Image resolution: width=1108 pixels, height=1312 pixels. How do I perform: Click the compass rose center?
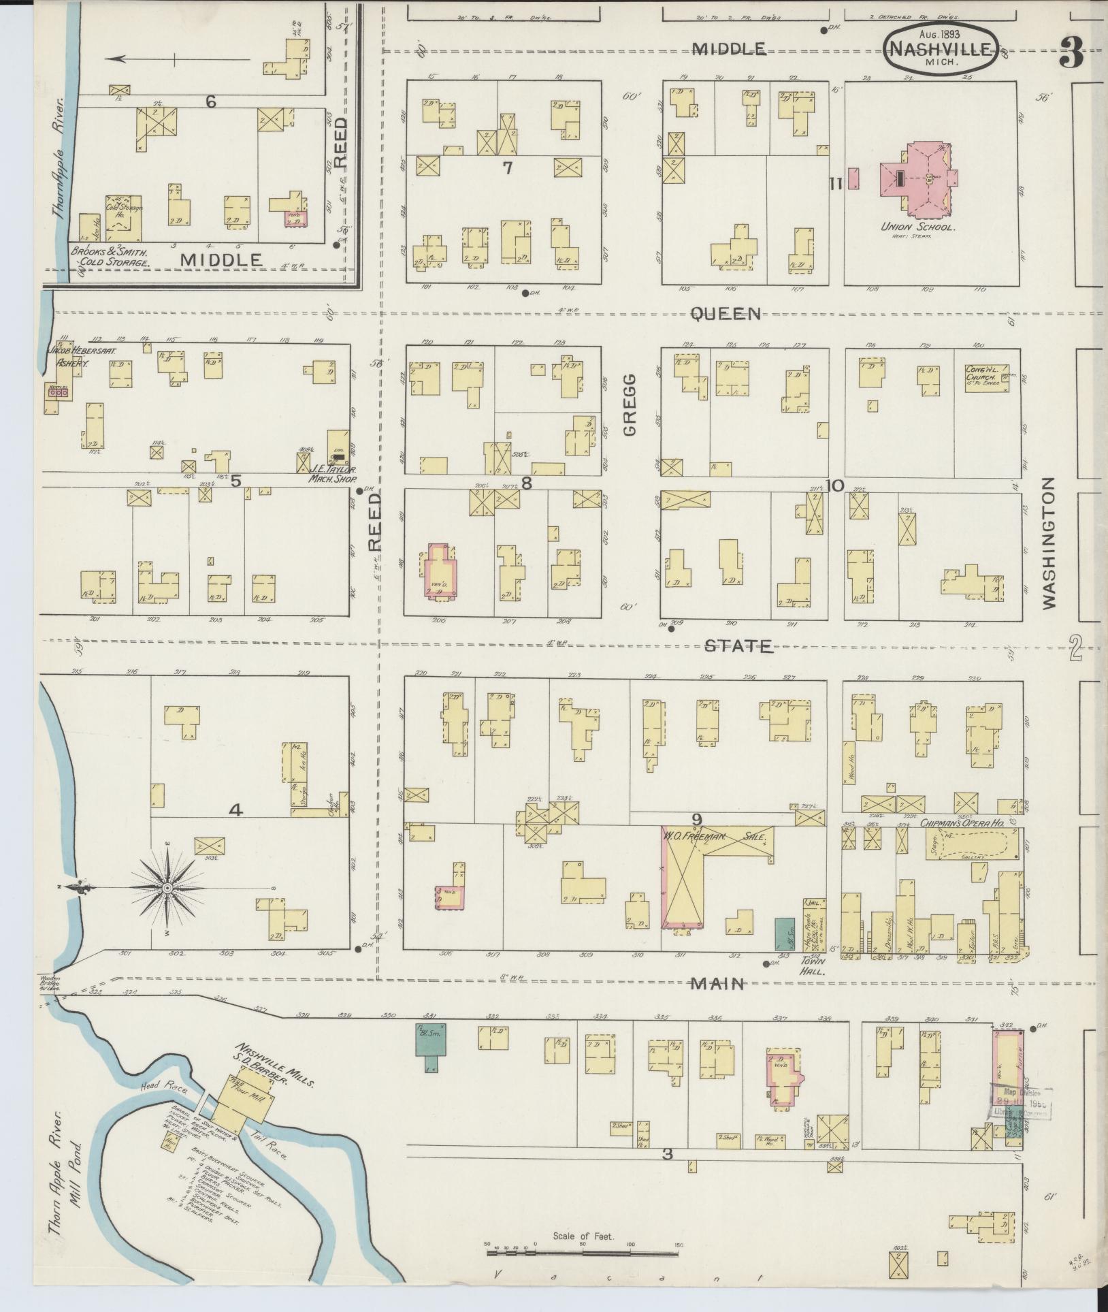pyautogui.click(x=167, y=889)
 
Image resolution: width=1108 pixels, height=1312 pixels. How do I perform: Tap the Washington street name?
pyautogui.click(x=1048, y=542)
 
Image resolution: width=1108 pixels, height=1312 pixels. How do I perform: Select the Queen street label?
pyautogui.click(x=725, y=313)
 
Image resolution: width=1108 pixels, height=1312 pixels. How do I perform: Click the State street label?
pyautogui.click(x=738, y=645)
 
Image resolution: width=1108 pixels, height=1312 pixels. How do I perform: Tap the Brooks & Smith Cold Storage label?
pyautogui.click(x=110, y=255)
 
